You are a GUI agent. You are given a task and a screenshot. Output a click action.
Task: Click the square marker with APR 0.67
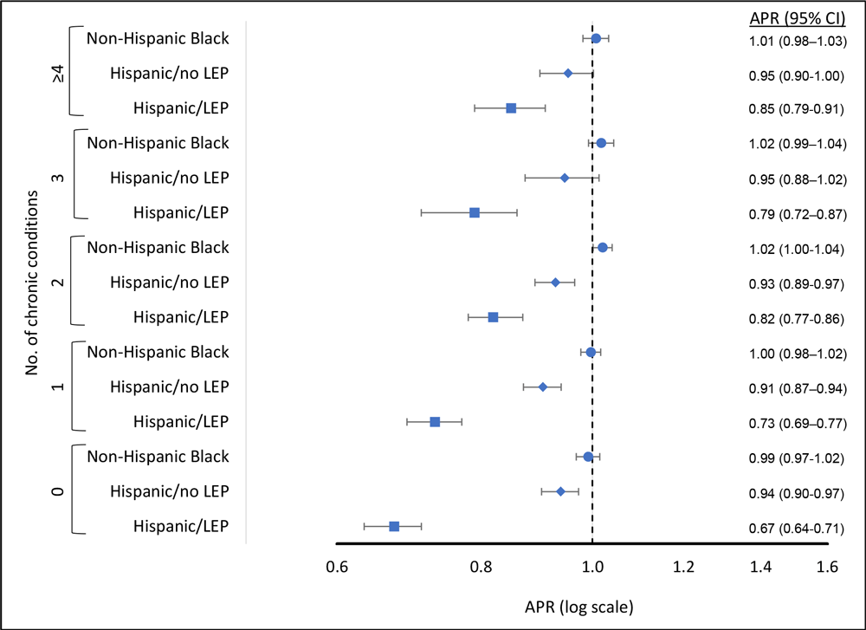tap(394, 526)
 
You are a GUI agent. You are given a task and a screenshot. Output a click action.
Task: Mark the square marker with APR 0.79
tap(475, 212)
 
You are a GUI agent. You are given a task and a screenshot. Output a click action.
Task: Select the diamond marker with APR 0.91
tap(543, 386)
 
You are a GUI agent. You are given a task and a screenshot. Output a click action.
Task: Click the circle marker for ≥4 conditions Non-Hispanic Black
tap(596, 38)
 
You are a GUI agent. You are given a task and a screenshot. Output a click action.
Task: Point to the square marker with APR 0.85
tap(511, 108)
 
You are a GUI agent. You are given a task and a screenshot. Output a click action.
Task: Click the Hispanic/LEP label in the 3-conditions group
tap(180, 212)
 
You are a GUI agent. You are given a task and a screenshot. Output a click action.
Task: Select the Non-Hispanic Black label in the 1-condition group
tap(158, 352)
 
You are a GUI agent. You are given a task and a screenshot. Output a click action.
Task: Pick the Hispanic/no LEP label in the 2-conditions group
tap(170, 283)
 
